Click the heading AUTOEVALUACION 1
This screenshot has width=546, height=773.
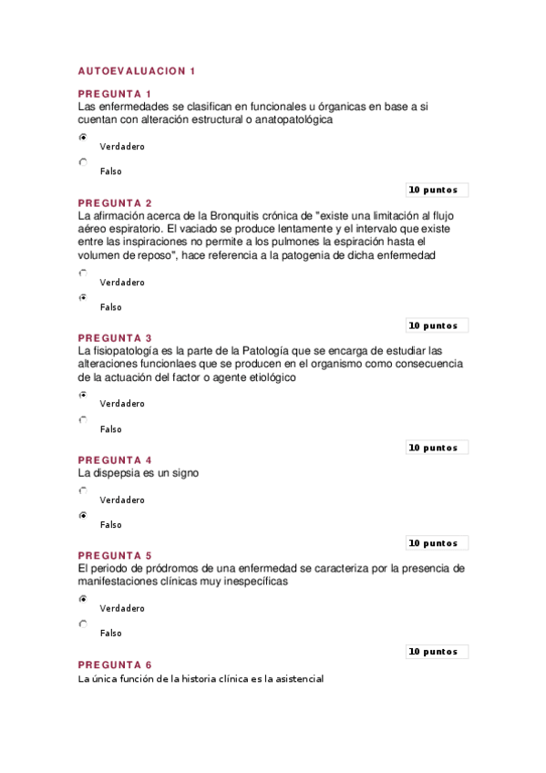click(137, 71)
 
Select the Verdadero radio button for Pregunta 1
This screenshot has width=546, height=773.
click(83, 138)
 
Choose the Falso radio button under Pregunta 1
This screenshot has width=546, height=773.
click(83, 162)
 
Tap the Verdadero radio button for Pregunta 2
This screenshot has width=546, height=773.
click(83, 273)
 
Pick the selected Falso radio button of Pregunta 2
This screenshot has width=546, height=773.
click(83, 297)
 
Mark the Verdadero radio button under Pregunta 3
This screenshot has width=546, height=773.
click(83, 395)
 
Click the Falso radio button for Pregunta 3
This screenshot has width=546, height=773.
click(83, 420)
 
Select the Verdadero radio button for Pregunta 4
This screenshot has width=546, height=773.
click(83, 490)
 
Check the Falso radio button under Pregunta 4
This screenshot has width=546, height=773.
click(83, 516)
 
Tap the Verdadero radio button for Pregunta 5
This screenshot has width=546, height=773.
click(83, 599)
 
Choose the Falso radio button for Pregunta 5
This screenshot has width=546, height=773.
click(83, 624)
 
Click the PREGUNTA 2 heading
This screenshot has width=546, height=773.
click(115, 202)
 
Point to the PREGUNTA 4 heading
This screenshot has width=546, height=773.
click(115, 459)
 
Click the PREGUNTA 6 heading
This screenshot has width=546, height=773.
click(115, 665)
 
